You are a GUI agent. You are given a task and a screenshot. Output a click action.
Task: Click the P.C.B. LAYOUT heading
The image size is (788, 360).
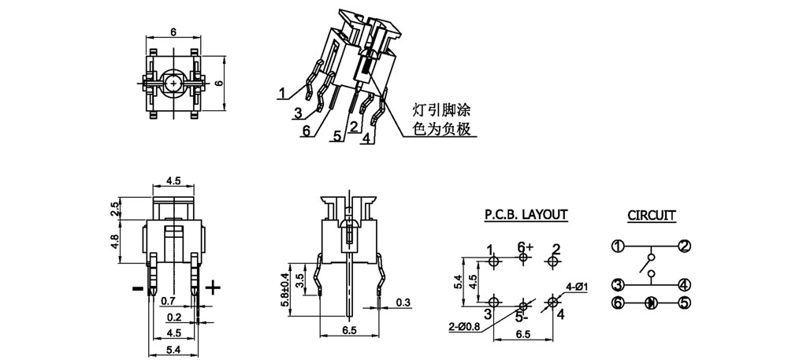[x=526, y=213]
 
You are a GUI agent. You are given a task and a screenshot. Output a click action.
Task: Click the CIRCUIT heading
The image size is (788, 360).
[x=651, y=214]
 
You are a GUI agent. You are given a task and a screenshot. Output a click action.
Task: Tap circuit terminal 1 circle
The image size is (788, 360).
[x=618, y=246]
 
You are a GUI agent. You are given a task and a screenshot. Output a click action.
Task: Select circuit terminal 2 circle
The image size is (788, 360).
[x=684, y=246]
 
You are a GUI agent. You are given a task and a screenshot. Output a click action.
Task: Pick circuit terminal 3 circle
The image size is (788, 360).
[x=618, y=284]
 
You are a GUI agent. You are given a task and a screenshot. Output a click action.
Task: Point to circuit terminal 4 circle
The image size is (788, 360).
[x=684, y=284]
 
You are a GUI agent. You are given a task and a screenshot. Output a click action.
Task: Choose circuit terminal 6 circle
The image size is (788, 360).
[x=618, y=302]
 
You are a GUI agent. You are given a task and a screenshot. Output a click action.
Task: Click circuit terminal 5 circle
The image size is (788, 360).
[x=684, y=302]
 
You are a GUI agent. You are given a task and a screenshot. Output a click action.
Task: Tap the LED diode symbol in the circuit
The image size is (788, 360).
[x=651, y=302]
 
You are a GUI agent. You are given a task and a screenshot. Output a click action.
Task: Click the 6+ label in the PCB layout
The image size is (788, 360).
[x=526, y=247]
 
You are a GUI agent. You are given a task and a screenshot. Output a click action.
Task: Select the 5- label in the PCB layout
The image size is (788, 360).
[x=521, y=318]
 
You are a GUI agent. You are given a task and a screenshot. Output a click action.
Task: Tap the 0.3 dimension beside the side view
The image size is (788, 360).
[x=404, y=302]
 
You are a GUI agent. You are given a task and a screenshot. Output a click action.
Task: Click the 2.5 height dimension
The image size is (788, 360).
[x=115, y=210]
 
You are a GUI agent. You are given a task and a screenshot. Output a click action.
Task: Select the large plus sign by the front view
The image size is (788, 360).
[x=213, y=288]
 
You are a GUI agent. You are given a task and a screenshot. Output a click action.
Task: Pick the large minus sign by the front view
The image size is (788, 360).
[x=137, y=289]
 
